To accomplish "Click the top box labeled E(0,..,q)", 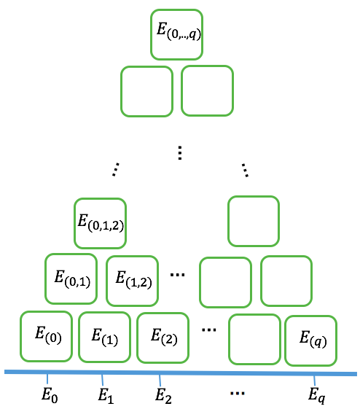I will (x=176, y=34).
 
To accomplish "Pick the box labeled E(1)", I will (x=104, y=337).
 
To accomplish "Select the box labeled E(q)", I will (x=310, y=340).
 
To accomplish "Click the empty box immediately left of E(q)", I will (x=254, y=338).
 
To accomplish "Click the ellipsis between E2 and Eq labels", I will (x=237, y=394).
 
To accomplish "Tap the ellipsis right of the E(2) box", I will (x=209, y=330).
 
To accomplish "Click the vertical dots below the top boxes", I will (x=180, y=152).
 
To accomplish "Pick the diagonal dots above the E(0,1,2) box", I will (x=114, y=169).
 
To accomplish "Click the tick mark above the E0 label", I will (x=47, y=379).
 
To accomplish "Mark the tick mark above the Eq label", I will (x=314, y=381).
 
